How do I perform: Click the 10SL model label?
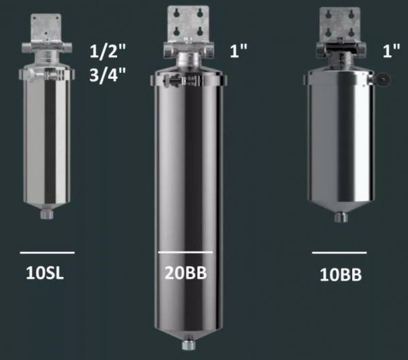(x=45, y=273)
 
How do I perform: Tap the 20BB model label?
(x=186, y=273)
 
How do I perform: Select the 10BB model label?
(x=341, y=275)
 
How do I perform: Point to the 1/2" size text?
(x=107, y=51)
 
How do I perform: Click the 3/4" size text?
(x=107, y=75)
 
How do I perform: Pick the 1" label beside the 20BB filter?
(x=238, y=50)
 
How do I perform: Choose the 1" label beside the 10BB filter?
(x=391, y=50)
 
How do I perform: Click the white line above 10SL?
(x=48, y=252)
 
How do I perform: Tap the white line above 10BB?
(x=339, y=252)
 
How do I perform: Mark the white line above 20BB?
(x=185, y=252)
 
